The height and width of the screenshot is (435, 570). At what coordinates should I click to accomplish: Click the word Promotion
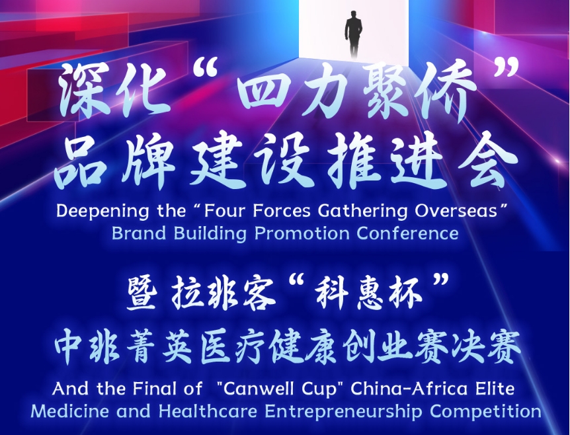(302, 233)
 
